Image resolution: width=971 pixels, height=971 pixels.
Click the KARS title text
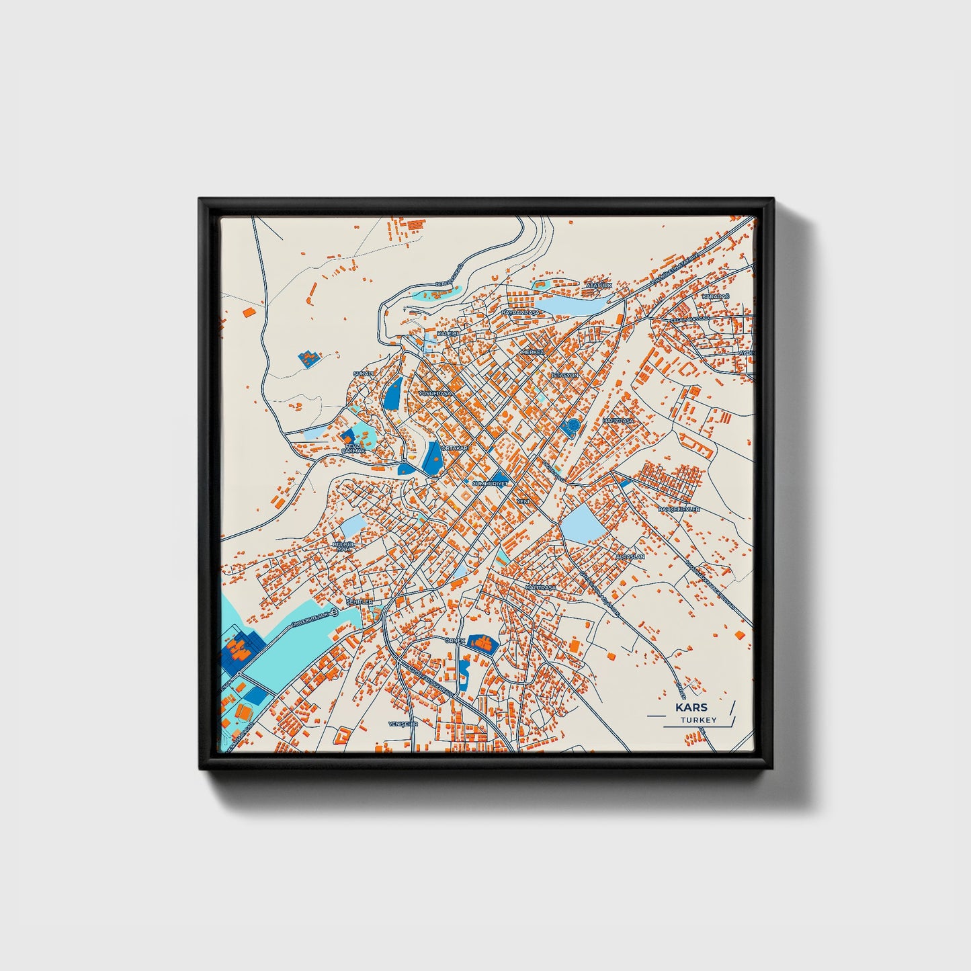[691, 708]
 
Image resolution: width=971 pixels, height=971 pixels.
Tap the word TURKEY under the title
[698, 720]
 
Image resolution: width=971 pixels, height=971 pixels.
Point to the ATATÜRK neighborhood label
[599, 286]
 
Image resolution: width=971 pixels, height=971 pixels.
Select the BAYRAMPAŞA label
[521, 312]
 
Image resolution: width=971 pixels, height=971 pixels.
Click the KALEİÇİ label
[448, 333]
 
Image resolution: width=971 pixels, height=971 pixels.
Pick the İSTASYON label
[564, 374]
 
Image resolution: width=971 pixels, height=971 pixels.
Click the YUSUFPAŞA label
[433, 392]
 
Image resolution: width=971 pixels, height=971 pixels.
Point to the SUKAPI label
[364, 374]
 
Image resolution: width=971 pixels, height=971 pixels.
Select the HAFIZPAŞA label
[618, 420]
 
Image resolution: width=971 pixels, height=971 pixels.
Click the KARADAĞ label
[715, 296]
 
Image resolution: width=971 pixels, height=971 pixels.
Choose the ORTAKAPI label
[454, 448]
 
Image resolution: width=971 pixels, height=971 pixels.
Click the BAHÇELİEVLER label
[679, 509]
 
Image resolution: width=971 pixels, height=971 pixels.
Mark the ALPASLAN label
[630, 557]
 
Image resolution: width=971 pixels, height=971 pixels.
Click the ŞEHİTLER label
[359, 603]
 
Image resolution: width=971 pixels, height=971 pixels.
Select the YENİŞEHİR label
[403, 724]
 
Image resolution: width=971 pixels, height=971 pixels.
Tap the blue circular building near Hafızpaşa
[573, 426]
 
